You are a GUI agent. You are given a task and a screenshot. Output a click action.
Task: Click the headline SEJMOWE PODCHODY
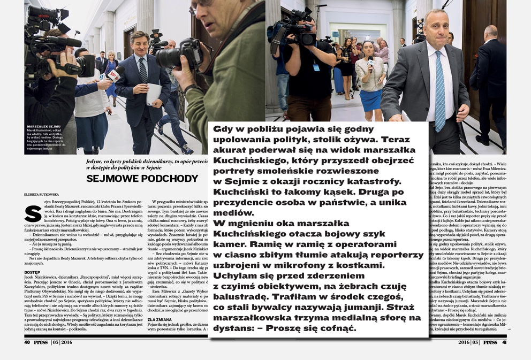pyautogui.click(x=142, y=179)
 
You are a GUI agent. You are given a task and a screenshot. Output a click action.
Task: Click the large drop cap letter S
pyautogui.click(x=33, y=212)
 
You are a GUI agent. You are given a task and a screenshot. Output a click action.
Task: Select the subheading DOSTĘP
pyautogui.click(x=33, y=272)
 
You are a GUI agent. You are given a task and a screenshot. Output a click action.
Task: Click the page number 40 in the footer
pyautogui.click(x=27, y=342)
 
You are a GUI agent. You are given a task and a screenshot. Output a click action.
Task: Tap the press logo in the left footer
pyautogui.click(x=41, y=342)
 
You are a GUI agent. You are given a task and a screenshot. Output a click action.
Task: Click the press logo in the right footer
pyautogui.click(x=490, y=342)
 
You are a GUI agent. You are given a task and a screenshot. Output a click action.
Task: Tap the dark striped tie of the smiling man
pyautogui.click(x=143, y=70)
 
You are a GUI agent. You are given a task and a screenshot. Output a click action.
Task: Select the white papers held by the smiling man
pyautogui.click(x=153, y=94)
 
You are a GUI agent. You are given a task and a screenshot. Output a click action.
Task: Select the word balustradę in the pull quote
pyautogui.click(x=242, y=296)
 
